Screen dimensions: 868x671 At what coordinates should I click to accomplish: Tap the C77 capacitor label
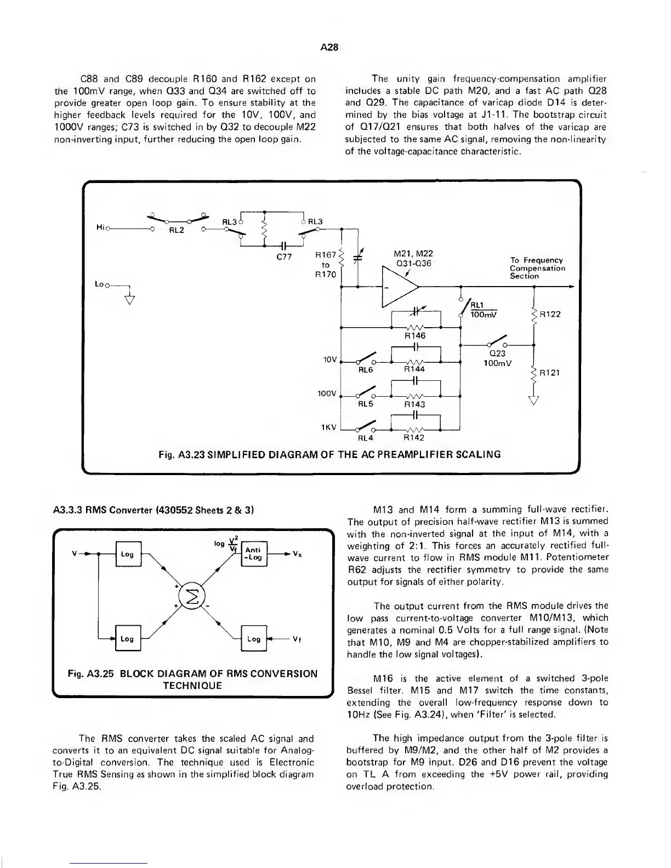pos(284,258)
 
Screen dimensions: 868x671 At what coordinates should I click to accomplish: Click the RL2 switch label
pos(176,230)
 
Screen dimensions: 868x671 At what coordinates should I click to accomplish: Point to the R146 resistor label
pos(415,335)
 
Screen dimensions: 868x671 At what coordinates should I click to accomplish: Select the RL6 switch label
pos(366,370)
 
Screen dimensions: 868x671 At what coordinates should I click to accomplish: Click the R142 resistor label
pos(414,438)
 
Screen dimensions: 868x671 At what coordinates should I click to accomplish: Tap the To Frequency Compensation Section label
pos(537,268)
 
